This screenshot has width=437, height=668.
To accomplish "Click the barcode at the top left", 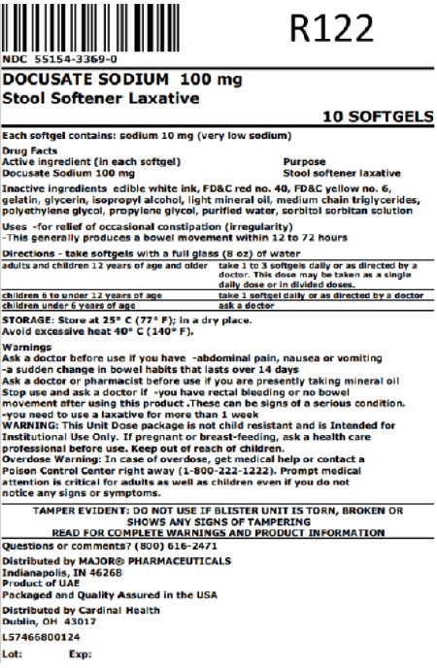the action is point(117,28).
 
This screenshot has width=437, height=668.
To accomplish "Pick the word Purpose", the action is point(304,160).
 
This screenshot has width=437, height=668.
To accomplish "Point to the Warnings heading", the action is point(25,345).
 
